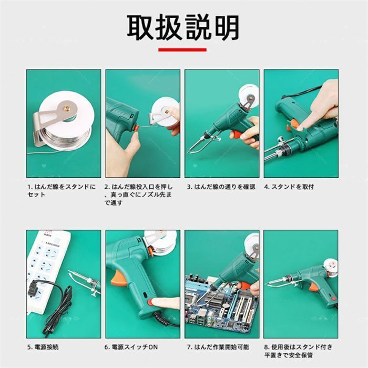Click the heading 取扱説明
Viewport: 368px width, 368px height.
click(x=183, y=27)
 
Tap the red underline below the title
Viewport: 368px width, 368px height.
click(x=182, y=50)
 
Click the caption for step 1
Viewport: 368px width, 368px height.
click(x=62, y=190)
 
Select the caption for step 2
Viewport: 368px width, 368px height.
click(x=139, y=195)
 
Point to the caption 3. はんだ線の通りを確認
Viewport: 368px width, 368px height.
click(x=221, y=187)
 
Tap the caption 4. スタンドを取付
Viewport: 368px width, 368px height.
click(x=289, y=187)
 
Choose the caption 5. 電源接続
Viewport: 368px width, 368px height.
click(x=43, y=347)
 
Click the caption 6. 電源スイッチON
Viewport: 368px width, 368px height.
click(x=131, y=347)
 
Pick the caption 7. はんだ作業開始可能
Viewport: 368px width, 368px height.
click(x=218, y=347)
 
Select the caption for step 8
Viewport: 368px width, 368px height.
click(x=298, y=351)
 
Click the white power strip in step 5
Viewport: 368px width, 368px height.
click(x=47, y=270)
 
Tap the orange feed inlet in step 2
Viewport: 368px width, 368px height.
click(x=136, y=128)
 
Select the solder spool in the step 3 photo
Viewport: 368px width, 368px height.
click(x=248, y=96)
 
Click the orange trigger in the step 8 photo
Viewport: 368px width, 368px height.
click(x=313, y=288)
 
